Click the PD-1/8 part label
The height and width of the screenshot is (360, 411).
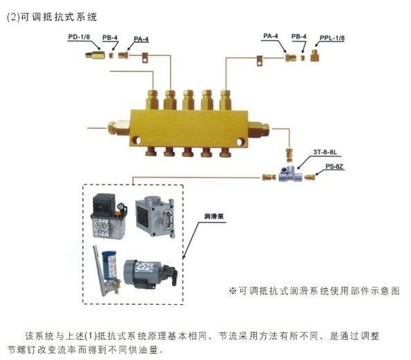pos(79,37)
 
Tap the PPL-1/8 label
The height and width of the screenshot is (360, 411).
pos(332,38)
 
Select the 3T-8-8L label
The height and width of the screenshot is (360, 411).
pos(325,152)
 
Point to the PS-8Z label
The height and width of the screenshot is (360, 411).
pos(334,167)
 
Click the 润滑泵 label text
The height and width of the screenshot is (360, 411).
pos(213,216)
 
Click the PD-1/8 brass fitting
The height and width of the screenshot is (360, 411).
pos(95,55)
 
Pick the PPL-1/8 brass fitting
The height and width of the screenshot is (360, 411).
pos(314,55)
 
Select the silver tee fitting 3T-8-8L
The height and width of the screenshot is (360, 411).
pos(290,174)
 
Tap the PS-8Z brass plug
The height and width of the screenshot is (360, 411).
pos(309,178)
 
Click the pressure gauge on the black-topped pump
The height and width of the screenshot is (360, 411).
pos(121,207)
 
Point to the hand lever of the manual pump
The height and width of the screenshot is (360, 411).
pos(99,270)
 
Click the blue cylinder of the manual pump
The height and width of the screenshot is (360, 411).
pos(109,265)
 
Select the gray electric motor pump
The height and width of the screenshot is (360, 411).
pos(150,274)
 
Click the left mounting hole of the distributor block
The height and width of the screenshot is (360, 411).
pos(136,141)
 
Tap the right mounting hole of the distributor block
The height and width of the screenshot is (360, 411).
pos(240,142)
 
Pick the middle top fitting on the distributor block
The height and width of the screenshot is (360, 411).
pos(188,100)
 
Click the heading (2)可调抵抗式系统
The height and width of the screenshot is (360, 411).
pos(52,17)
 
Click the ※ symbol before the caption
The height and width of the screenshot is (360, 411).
pos(233,291)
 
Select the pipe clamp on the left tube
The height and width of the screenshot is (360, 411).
pos(145,57)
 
